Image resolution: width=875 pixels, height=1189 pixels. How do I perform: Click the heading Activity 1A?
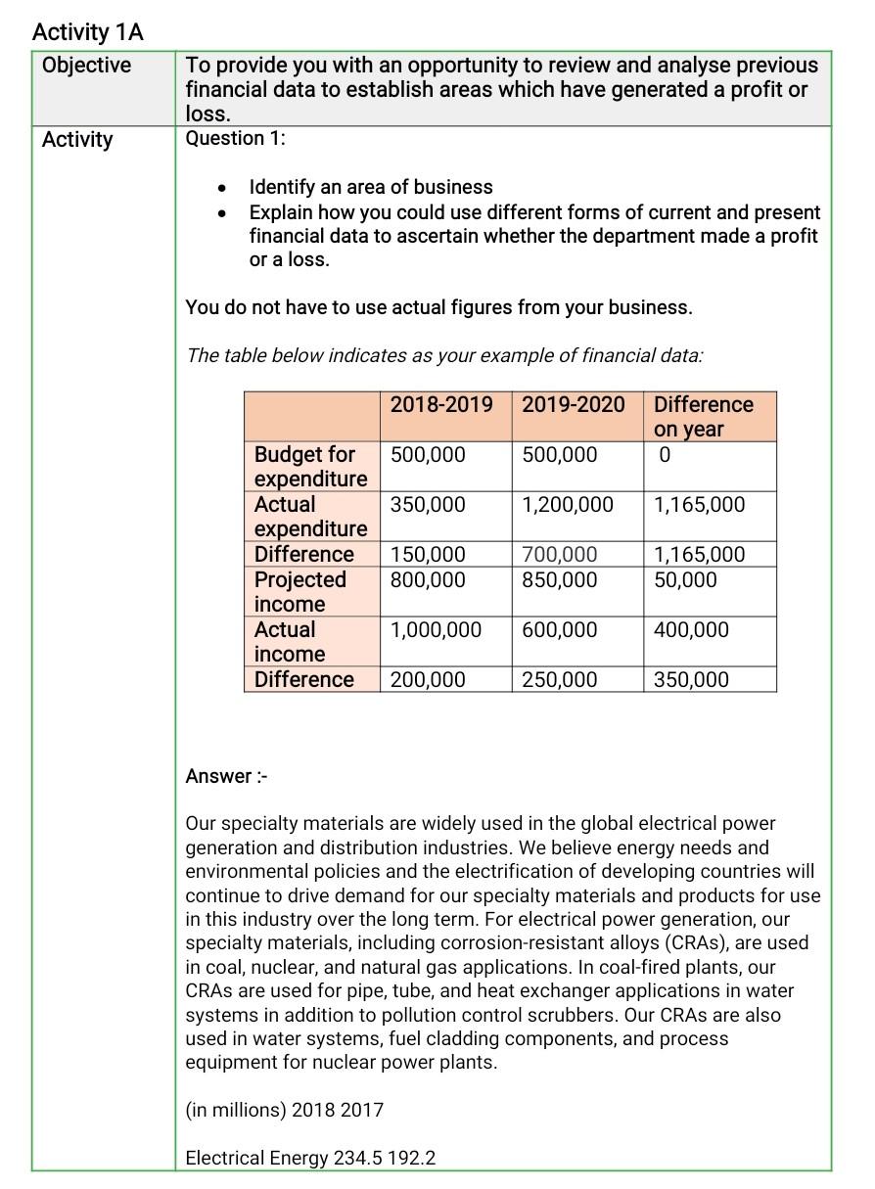click(x=88, y=32)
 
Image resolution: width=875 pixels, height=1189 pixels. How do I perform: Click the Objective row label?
click(x=86, y=66)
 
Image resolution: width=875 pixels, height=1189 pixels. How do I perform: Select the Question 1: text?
click(x=235, y=138)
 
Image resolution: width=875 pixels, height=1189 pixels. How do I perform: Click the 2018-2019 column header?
click(x=441, y=405)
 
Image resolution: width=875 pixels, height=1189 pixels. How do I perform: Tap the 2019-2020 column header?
click(x=573, y=405)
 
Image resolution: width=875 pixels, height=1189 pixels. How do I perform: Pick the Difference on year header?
click(x=703, y=417)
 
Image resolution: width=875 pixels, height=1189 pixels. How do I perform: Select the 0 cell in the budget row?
click(x=666, y=455)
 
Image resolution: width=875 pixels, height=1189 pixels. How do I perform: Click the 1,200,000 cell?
click(x=567, y=505)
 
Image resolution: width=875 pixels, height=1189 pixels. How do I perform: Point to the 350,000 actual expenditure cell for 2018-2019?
click(x=428, y=505)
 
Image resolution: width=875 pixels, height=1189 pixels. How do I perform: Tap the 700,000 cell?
click(x=559, y=555)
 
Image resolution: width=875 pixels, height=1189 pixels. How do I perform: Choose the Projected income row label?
click(x=299, y=592)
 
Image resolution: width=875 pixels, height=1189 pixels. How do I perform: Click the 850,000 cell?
click(x=559, y=580)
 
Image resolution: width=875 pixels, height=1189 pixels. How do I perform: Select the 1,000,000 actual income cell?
click(x=436, y=630)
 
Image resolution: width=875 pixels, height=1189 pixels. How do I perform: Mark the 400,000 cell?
click(x=690, y=630)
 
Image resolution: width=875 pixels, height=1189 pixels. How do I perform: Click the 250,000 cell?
click(x=559, y=680)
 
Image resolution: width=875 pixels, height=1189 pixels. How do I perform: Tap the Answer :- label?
click(x=226, y=776)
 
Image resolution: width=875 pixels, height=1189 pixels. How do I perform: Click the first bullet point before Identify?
click(x=225, y=188)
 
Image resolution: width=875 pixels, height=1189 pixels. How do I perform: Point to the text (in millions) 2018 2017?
click(x=284, y=1110)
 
